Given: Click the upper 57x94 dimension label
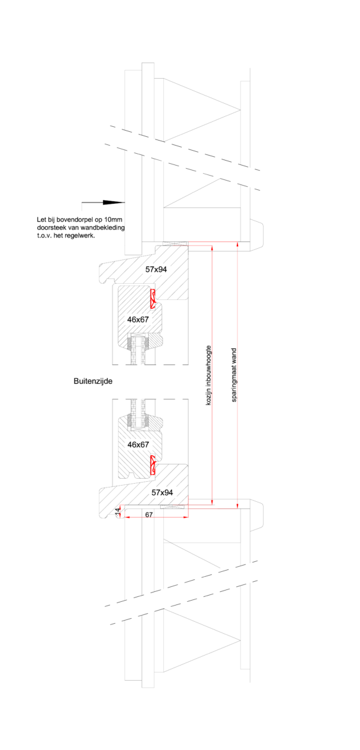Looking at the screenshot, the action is coord(156,269).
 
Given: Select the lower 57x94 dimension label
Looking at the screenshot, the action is coord(162,492).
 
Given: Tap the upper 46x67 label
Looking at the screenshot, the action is coord(138,320).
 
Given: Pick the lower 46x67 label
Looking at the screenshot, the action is coord(138,444).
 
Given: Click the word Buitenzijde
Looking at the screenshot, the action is coord(93,381).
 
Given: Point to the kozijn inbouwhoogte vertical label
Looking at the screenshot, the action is coord(208,376).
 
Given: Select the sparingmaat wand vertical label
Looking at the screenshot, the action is coord(234,375).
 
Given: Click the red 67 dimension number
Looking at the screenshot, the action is coord(149,514).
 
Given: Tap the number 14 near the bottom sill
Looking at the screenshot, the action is coord(117,511).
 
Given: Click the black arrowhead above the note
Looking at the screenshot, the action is coord(114,202).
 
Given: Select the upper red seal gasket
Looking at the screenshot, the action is coord(152,299).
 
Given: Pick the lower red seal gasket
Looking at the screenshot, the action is coord(152,465).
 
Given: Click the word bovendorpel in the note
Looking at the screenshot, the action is coord(72,220).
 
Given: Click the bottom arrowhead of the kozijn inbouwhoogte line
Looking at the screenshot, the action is coord(212,502).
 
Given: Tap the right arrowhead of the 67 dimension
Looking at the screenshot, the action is coord(186,517).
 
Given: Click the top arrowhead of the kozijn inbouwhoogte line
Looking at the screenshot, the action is coord(212,248).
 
